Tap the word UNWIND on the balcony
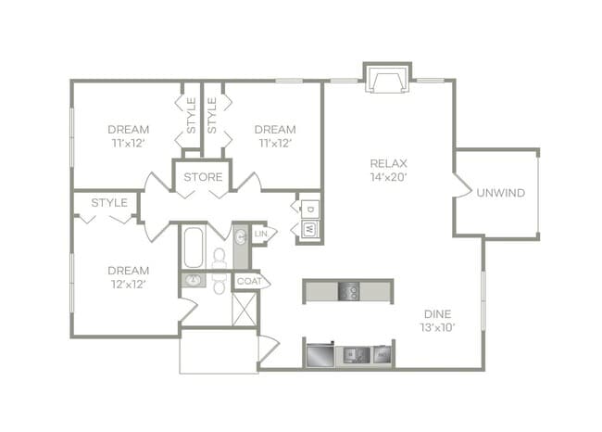(x=500, y=193)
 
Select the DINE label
(x=438, y=313)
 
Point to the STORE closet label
(x=202, y=176)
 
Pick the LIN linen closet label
(x=261, y=235)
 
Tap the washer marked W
(x=308, y=228)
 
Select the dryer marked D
(x=309, y=208)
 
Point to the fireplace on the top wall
(x=387, y=80)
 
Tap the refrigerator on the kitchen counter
(x=319, y=354)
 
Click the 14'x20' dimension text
(x=388, y=175)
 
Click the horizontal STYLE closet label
(x=108, y=202)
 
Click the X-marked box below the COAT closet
(x=245, y=308)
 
